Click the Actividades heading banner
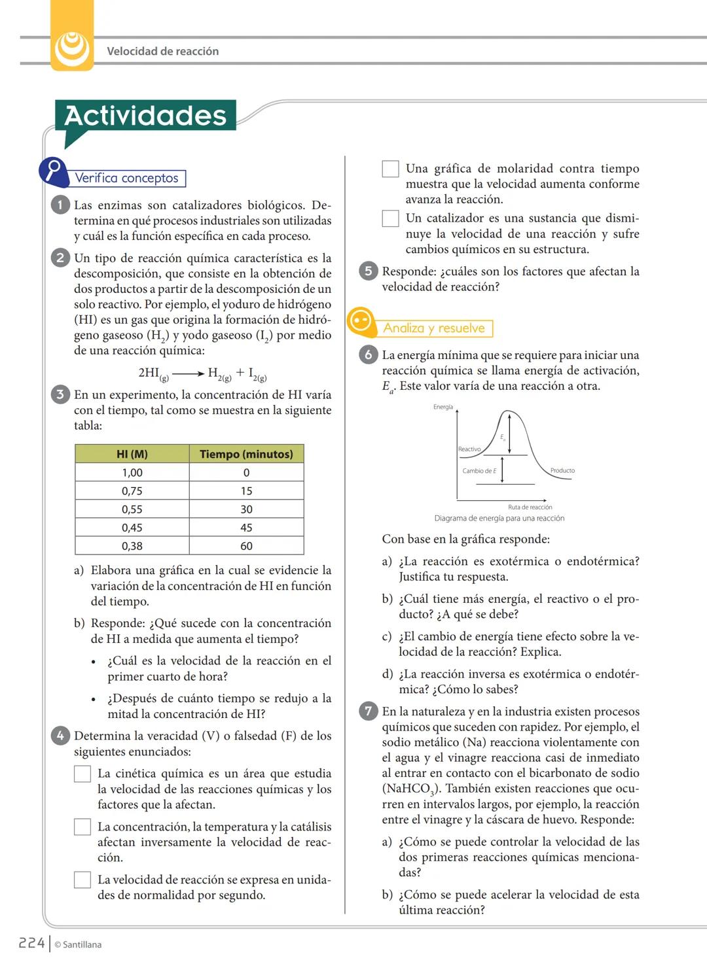145,116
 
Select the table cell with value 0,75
132,491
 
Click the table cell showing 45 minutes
246,528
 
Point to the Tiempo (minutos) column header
246,454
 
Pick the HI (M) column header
132,454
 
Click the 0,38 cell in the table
132,546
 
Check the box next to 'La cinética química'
82,774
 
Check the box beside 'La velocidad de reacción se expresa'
82,880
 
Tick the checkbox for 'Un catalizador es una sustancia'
390,218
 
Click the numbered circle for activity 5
368,271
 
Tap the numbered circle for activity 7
368,711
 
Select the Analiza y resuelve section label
434,328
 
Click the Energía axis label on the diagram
443,407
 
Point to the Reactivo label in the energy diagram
469,449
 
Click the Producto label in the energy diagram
562,470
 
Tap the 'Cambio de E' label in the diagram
479,471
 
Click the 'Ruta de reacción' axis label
530,507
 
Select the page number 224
31,943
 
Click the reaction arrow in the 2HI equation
188,374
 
